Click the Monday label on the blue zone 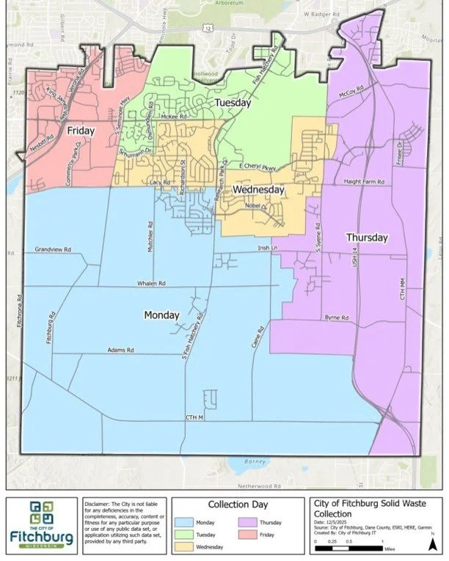point(161,315)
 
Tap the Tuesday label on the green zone point(233,104)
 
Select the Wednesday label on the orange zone point(258,189)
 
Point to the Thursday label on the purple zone point(367,238)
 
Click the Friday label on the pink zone point(81,131)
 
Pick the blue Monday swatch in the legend point(184,521)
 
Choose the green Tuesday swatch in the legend point(184,534)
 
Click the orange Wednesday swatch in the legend point(184,546)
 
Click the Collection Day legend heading point(238,505)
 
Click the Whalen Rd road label point(152,283)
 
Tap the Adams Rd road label point(120,351)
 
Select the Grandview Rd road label point(52,250)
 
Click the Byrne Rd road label point(336,318)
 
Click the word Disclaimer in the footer point(98,504)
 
